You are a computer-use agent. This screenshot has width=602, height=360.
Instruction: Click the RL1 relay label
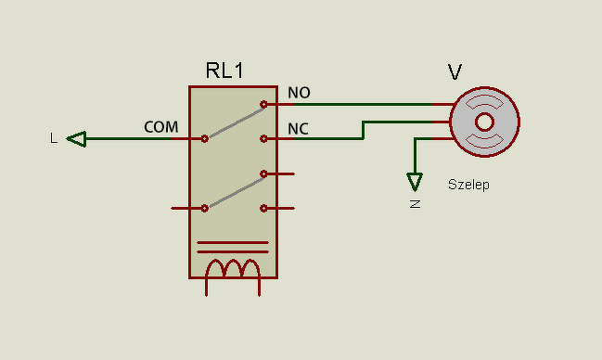coord(224,71)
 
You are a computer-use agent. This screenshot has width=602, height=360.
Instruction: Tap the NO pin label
coord(299,93)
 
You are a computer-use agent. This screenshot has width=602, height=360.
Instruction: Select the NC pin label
coord(299,129)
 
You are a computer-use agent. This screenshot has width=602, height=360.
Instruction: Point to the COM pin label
coord(161,127)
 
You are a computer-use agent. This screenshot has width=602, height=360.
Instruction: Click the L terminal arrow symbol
coord(77,138)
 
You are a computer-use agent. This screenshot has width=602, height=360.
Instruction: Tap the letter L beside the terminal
coord(54,138)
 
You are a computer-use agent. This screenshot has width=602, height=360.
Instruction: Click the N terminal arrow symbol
coord(415,182)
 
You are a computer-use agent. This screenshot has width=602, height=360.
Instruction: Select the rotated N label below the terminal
coord(415,204)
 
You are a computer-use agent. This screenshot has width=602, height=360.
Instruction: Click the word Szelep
coord(468,185)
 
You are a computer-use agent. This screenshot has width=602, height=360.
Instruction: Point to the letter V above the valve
coord(455,71)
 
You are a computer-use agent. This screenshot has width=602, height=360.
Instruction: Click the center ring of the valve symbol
coord(484,122)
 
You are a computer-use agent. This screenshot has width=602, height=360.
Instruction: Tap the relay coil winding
coord(233,268)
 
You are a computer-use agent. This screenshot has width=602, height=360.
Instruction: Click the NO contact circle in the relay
coord(263,104)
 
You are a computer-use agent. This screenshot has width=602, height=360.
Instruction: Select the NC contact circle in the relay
coord(263,138)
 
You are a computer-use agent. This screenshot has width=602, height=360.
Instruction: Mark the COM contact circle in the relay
coord(205,138)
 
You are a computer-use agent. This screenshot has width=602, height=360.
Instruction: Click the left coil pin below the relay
coord(207,286)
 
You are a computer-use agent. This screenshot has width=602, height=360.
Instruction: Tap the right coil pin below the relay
coord(259,286)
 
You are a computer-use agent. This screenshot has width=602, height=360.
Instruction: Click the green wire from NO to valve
coord(364,104)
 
